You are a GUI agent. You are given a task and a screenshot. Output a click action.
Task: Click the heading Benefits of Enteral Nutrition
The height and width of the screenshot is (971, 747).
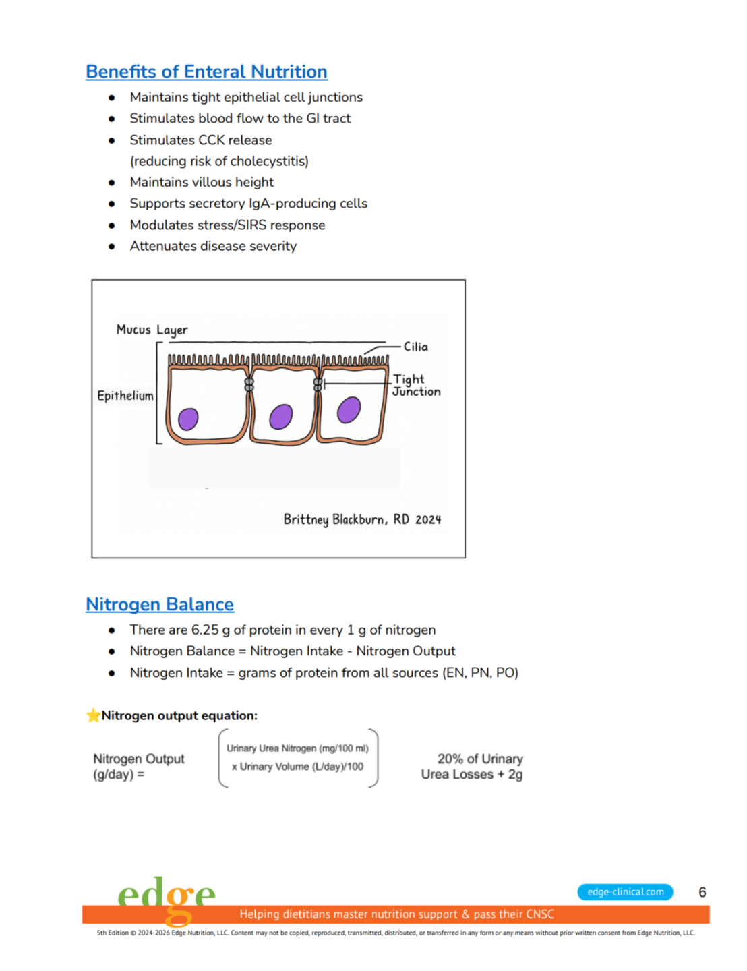tap(206, 71)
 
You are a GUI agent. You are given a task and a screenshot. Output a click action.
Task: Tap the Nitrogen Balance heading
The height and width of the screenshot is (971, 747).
tap(160, 604)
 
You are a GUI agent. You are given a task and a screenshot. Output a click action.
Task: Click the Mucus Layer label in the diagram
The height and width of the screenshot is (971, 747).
tap(152, 330)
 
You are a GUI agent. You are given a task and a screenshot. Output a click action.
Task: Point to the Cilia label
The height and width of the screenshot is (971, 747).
tap(416, 347)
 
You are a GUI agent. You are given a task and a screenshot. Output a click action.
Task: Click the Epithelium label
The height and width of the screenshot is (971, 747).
tap(125, 396)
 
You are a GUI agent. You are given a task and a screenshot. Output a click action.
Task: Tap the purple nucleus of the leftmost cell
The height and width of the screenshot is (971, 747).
tap(188, 419)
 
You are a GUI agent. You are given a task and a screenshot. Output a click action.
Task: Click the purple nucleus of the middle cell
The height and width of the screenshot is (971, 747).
tap(280, 417)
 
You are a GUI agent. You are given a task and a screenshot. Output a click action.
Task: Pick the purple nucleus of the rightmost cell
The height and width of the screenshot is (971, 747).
tap(349, 410)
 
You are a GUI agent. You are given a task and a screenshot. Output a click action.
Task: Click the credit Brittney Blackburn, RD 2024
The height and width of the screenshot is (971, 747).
tap(362, 519)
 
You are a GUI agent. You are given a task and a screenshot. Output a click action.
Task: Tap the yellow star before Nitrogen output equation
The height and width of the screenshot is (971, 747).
tap(93, 715)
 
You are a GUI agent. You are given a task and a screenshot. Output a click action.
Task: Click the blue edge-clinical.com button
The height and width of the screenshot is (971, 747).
tap(625, 892)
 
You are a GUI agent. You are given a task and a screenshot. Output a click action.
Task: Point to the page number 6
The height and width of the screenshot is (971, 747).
tap(702, 892)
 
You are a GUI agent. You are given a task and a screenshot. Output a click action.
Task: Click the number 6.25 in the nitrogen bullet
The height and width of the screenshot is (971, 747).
tap(205, 630)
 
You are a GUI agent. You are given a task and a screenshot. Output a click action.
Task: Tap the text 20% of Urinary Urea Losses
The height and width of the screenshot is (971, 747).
tap(472, 767)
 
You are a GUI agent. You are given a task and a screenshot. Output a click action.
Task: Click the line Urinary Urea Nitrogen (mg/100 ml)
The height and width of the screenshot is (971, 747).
tap(297, 748)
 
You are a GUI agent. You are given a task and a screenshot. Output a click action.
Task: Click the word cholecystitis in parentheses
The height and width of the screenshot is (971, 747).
tap(269, 161)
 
